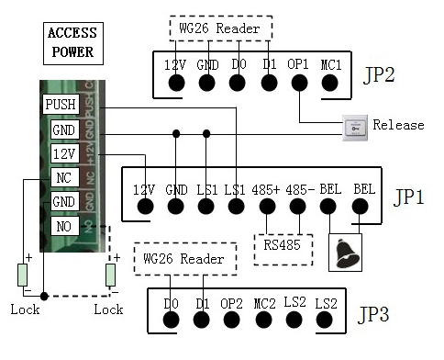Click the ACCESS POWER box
73,43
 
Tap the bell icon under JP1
347,253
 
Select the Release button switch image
355,128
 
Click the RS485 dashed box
283,250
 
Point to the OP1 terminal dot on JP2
299,83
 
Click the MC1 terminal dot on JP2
330,83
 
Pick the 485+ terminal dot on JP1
267,207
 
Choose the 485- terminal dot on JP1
297,207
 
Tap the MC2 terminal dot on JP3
263,320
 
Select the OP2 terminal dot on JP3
231,320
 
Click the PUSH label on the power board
61,105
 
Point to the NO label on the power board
64,226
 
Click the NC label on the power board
64,177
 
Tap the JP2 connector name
379,74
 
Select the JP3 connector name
373,314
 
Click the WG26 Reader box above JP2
221,28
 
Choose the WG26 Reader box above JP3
185,259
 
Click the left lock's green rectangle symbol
22,275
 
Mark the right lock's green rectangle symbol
110,275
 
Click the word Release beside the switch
398,125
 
